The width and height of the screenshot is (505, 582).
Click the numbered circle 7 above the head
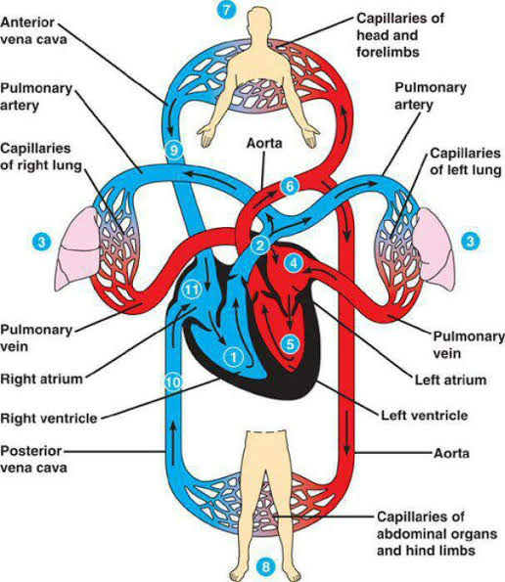tap(227, 11)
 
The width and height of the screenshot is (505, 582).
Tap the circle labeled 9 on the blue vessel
tap(174, 151)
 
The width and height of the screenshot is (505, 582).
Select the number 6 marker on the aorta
tap(288, 185)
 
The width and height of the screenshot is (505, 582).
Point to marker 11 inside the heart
tap(291, 262)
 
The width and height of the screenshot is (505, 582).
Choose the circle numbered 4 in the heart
tap(291, 262)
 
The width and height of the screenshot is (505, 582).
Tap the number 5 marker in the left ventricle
tap(290, 343)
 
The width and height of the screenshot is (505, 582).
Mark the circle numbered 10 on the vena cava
tap(173, 381)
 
